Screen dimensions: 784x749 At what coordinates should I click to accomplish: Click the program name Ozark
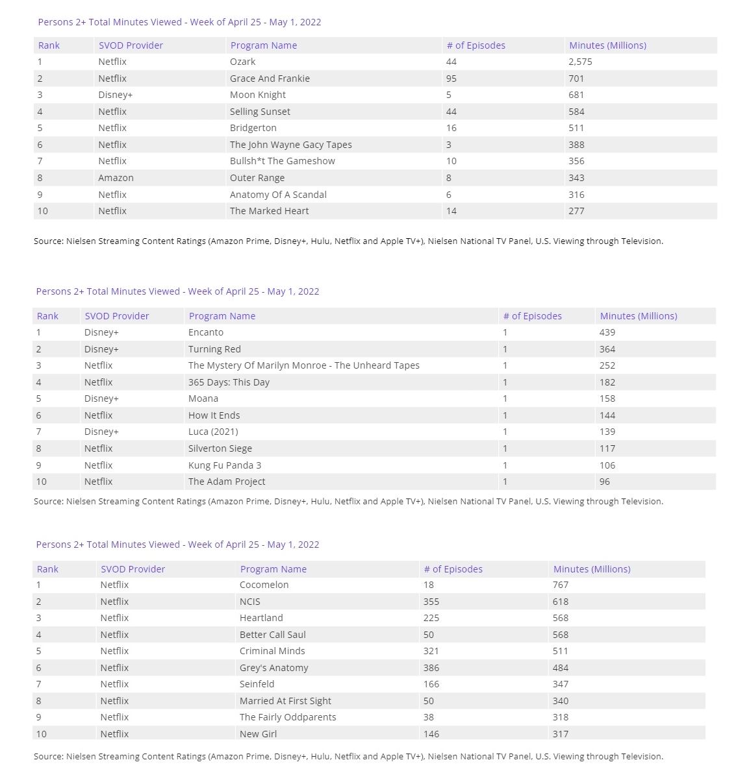click(x=242, y=62)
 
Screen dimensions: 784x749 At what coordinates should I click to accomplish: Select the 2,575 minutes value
click(x=580, y=62)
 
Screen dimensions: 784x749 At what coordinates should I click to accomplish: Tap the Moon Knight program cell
click(x=257, y=95)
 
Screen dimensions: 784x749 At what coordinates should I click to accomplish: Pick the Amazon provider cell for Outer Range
click(x=116, y=178)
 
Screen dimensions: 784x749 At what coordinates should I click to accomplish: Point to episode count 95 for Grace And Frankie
click(x=451, y=79)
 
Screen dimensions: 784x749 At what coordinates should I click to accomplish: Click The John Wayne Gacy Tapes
click(x=290, y=145)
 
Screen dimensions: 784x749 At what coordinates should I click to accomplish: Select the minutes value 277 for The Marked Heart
click(x=576, y=211)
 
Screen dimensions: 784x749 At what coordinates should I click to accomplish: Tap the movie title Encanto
click(x=205, y=332)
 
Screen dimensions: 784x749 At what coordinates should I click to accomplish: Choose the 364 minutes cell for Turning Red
click(x=607, y=349)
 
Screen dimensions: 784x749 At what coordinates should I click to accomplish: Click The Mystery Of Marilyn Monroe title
click(x=303, y=365)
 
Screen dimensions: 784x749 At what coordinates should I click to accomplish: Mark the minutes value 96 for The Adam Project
click(x=605, y=482)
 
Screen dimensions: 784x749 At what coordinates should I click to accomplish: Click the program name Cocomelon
click(x=264, y=585)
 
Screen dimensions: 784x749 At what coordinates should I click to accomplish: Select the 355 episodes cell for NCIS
click(x=431, y=602)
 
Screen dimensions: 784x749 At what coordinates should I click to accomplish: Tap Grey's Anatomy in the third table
click(x=273, y=668)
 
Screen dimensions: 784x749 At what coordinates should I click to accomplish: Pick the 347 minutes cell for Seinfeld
click(x=561, y=684)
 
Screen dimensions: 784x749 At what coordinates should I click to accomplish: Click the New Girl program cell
click(x=258, y=734)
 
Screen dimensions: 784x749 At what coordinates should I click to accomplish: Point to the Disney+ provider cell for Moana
click(x=101, y=398)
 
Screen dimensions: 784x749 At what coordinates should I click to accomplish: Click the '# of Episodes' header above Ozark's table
click(x=476, y=45)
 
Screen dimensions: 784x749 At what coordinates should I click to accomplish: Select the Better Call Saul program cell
click(x=272, y=635)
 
